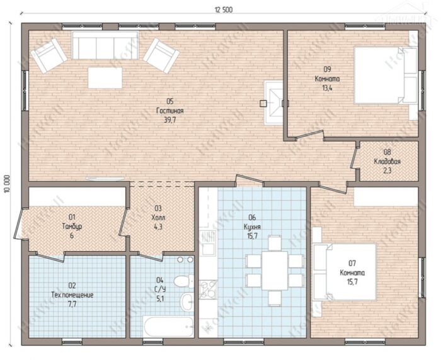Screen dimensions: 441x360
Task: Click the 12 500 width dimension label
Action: point(224,10)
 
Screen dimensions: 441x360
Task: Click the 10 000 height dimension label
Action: point(7,184)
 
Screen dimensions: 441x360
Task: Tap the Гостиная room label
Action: point(170,111)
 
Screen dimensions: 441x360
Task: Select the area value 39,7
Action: point(170,120)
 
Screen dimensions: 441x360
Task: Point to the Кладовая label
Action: point(387,162)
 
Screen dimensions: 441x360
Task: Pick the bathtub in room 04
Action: point(168,327)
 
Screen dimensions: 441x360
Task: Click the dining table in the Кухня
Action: point(275,271)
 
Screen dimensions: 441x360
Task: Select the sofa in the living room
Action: point(105,45)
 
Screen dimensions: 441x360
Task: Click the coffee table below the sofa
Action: point(105,78)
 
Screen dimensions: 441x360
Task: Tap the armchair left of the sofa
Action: point(49,55)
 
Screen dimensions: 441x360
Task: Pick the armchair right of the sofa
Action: point(161,55)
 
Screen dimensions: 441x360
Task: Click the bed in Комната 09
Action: point(386,76)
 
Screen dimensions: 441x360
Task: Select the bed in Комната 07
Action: point(345,272)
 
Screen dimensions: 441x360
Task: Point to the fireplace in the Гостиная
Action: point(273,103)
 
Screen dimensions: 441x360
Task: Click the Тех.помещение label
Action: point(72,295)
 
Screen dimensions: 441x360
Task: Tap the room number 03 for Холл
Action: point(158,208)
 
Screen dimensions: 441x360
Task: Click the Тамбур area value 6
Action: point(72,235)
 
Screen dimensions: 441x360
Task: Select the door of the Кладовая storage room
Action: point(354,158)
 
